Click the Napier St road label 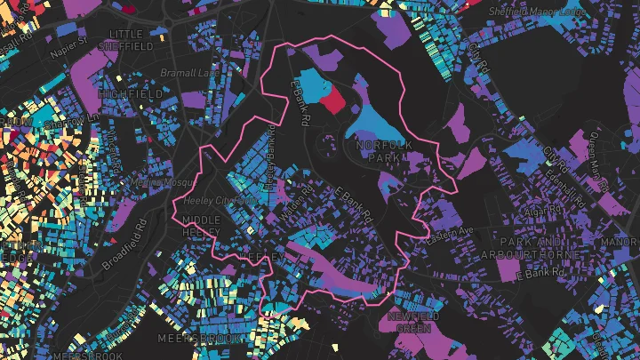[x=68, y=42]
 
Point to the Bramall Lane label [x=185, y=72]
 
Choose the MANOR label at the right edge [x=624, y=242]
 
